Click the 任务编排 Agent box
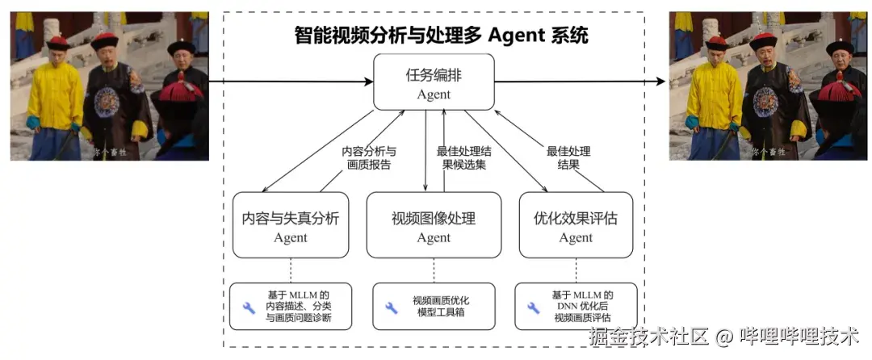[x=434, y=82]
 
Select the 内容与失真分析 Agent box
[x=291, y=225]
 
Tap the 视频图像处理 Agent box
[x=434, y=225]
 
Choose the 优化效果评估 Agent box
[x=576, y=225]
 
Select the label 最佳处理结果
[x=568, y=157]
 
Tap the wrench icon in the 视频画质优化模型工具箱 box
[x=392, y=308]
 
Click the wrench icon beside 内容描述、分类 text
[x=249, y=308]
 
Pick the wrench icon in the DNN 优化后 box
[x=534, y=308]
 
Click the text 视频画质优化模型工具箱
[x=441, y=307]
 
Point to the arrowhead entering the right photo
[x=663, y=82]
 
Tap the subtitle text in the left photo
[x=110, y=152]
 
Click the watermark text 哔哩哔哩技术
[x=799, y=336]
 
